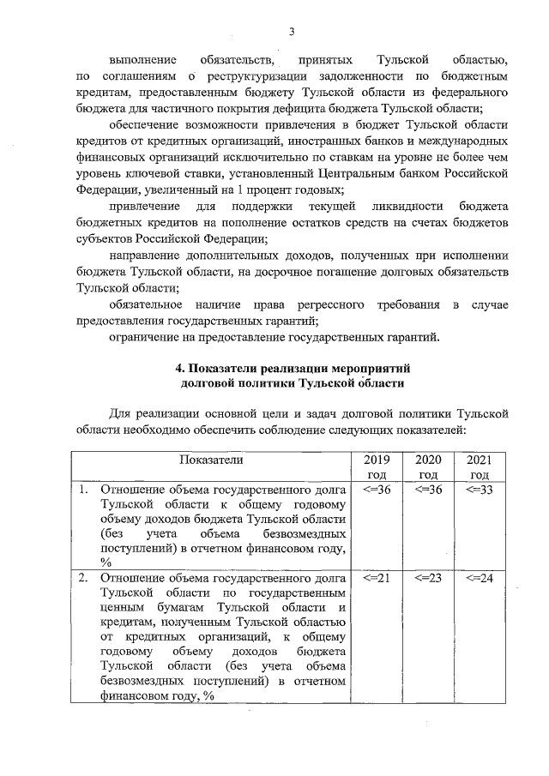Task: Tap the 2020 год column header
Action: point(428,467)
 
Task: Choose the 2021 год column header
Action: point(479,467)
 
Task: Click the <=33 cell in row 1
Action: point(479,490)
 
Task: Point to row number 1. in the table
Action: point(83,490)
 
